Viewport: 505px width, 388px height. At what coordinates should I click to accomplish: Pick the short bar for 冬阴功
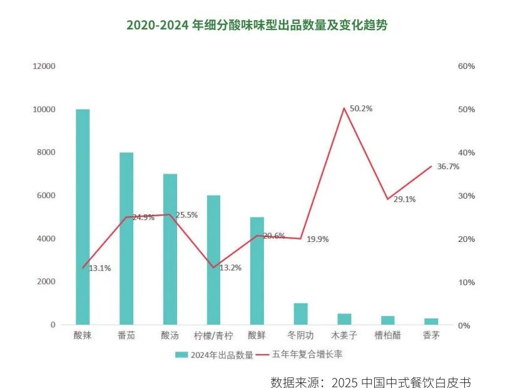click(x=300, y=314)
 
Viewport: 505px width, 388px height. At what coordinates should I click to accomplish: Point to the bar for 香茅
click(x=431, y=321)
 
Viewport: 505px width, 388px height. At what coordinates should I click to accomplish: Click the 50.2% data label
click(x=361, y=108)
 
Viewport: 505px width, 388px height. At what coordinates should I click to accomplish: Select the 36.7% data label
click(x=448, y=167)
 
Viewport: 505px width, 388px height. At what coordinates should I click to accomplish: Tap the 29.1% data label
click(x=404, y=199)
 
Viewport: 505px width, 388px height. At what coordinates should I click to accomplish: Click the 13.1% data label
click(x=99, y=268)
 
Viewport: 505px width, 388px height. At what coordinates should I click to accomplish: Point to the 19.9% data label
click(x=317, y=239)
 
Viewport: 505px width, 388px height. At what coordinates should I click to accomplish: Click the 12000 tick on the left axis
click(x=44, y=66)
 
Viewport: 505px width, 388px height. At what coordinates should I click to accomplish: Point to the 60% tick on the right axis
click(x=467, y=66)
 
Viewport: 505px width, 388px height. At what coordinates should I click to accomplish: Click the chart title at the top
click(x=253, y=25)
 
